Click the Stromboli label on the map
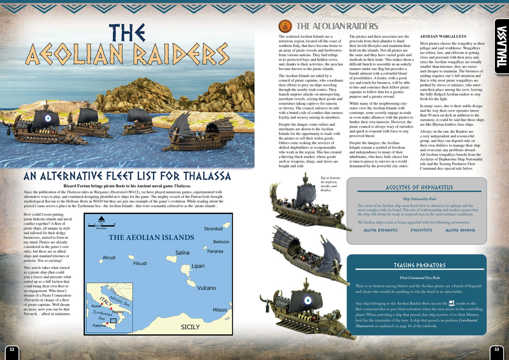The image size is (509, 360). click(x=213, y=229)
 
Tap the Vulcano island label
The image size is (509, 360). click(x=206, y=288)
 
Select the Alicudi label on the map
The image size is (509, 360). click(x=109, y=258)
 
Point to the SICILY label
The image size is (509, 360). click(x=190, y=327)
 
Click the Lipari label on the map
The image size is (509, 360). click(x=198, y=266)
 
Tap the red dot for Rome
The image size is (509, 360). click(x=102, y=304)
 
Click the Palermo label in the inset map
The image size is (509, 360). click(x=99, y=325)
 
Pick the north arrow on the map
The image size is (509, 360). click(x=101, y=218)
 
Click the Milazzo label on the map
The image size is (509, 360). click(x=220, y=310)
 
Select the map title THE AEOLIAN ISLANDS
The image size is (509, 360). click(x=151, y=237)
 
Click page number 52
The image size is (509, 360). click(x=12, y=349)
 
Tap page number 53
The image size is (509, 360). click(x=497, y=349)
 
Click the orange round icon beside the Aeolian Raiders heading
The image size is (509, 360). click(x=285, y=26)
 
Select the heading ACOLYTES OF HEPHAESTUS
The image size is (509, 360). click(x=419, y=187)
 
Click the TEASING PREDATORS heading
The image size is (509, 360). click(x=420, y=265)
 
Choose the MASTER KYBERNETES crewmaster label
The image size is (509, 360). click(x=380, y=230)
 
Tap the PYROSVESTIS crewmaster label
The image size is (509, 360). click(x=421, y=230)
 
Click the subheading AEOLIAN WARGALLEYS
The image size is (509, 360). click(x=438, y=36)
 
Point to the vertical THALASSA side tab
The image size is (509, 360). click(x=501, y=46)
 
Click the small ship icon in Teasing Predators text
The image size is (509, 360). click(x=452, y=303)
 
